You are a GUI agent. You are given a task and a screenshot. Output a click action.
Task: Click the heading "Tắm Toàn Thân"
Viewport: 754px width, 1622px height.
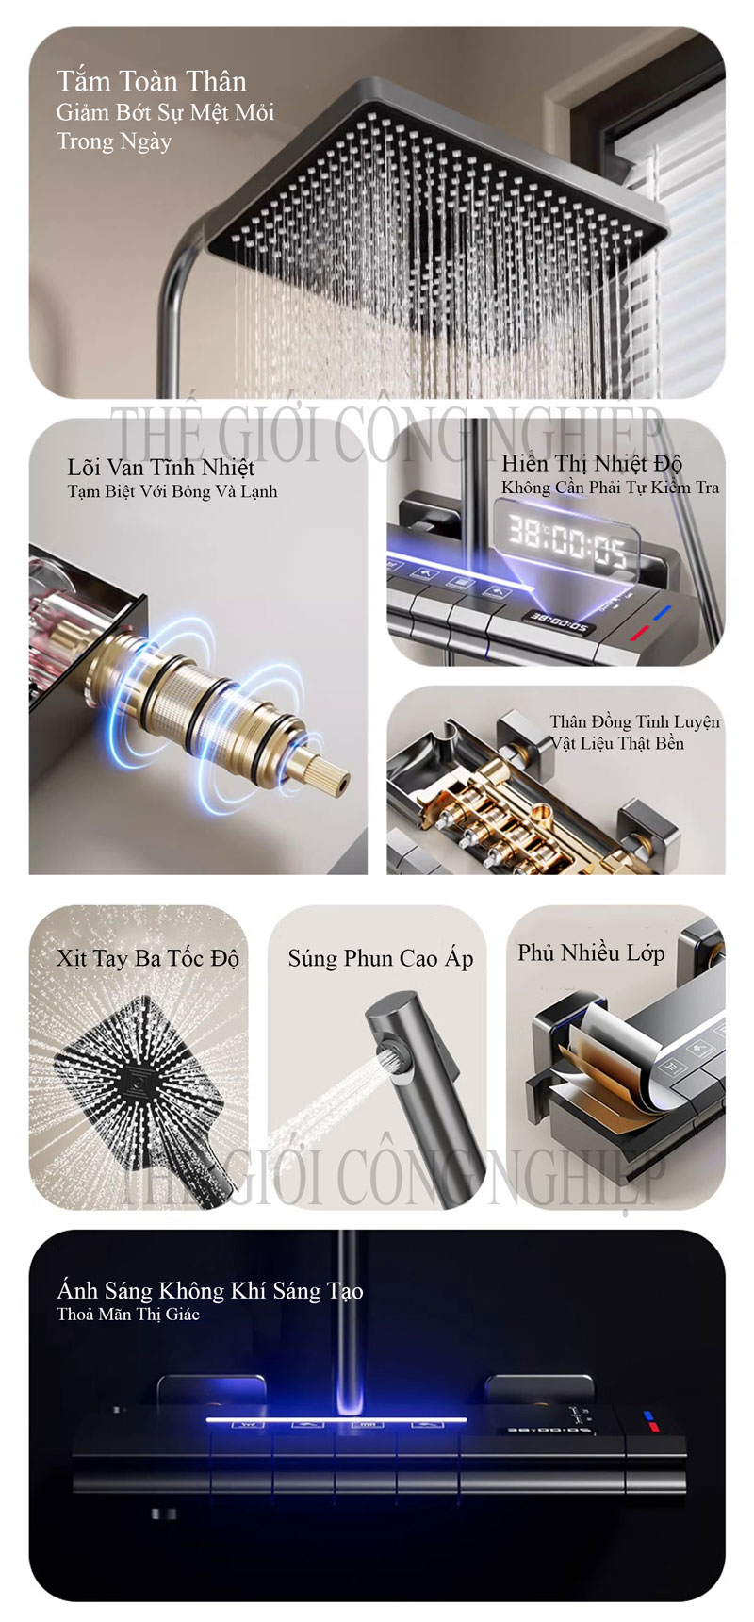pyautogui.click(x=151, y=82)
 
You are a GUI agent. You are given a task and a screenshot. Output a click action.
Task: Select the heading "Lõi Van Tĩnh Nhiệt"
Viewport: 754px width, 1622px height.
pyautogui.click(x=161, y=467)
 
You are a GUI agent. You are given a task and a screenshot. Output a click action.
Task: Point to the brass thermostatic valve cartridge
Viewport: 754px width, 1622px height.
pyautogui.click(x=217, y=698)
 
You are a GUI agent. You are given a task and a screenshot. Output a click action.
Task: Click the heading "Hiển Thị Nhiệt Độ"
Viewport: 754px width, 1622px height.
pyautogui.click(x=591, y=463)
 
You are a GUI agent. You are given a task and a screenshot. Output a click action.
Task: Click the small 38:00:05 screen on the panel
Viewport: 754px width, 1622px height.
pyautogui.click(x=558, y=623)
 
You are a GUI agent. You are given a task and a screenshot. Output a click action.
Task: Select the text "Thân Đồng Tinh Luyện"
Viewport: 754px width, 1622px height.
pyautogui.click(x=634, y=722)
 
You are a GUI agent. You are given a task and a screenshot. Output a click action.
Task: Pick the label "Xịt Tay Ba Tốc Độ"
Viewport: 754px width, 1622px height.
pyautogui.click(x=148, y=959)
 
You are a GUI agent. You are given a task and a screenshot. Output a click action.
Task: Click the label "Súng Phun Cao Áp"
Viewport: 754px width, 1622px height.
pyautogui.click(x=380, y=959)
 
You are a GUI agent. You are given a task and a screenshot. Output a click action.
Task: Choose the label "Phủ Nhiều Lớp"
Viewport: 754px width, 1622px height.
pyautogui.click(x=591, y=953)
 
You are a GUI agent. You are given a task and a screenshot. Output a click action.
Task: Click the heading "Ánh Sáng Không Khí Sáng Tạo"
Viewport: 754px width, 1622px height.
pyautogui.click(x=209, y=1291)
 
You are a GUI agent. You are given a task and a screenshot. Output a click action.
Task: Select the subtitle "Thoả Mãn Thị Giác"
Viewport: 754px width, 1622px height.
pyautogui.click(x=127, y=1315)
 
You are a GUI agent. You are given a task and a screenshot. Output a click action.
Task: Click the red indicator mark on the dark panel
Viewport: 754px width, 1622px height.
pyautogui.click(x=652, y=1428)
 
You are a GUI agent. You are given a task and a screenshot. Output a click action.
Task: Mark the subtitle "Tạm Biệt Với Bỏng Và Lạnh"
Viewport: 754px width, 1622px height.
pyautogui.click(x=172, y=491)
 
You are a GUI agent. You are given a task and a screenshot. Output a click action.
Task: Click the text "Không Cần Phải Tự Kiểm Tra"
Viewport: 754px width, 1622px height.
pyautogui.click(x=610, y=488)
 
